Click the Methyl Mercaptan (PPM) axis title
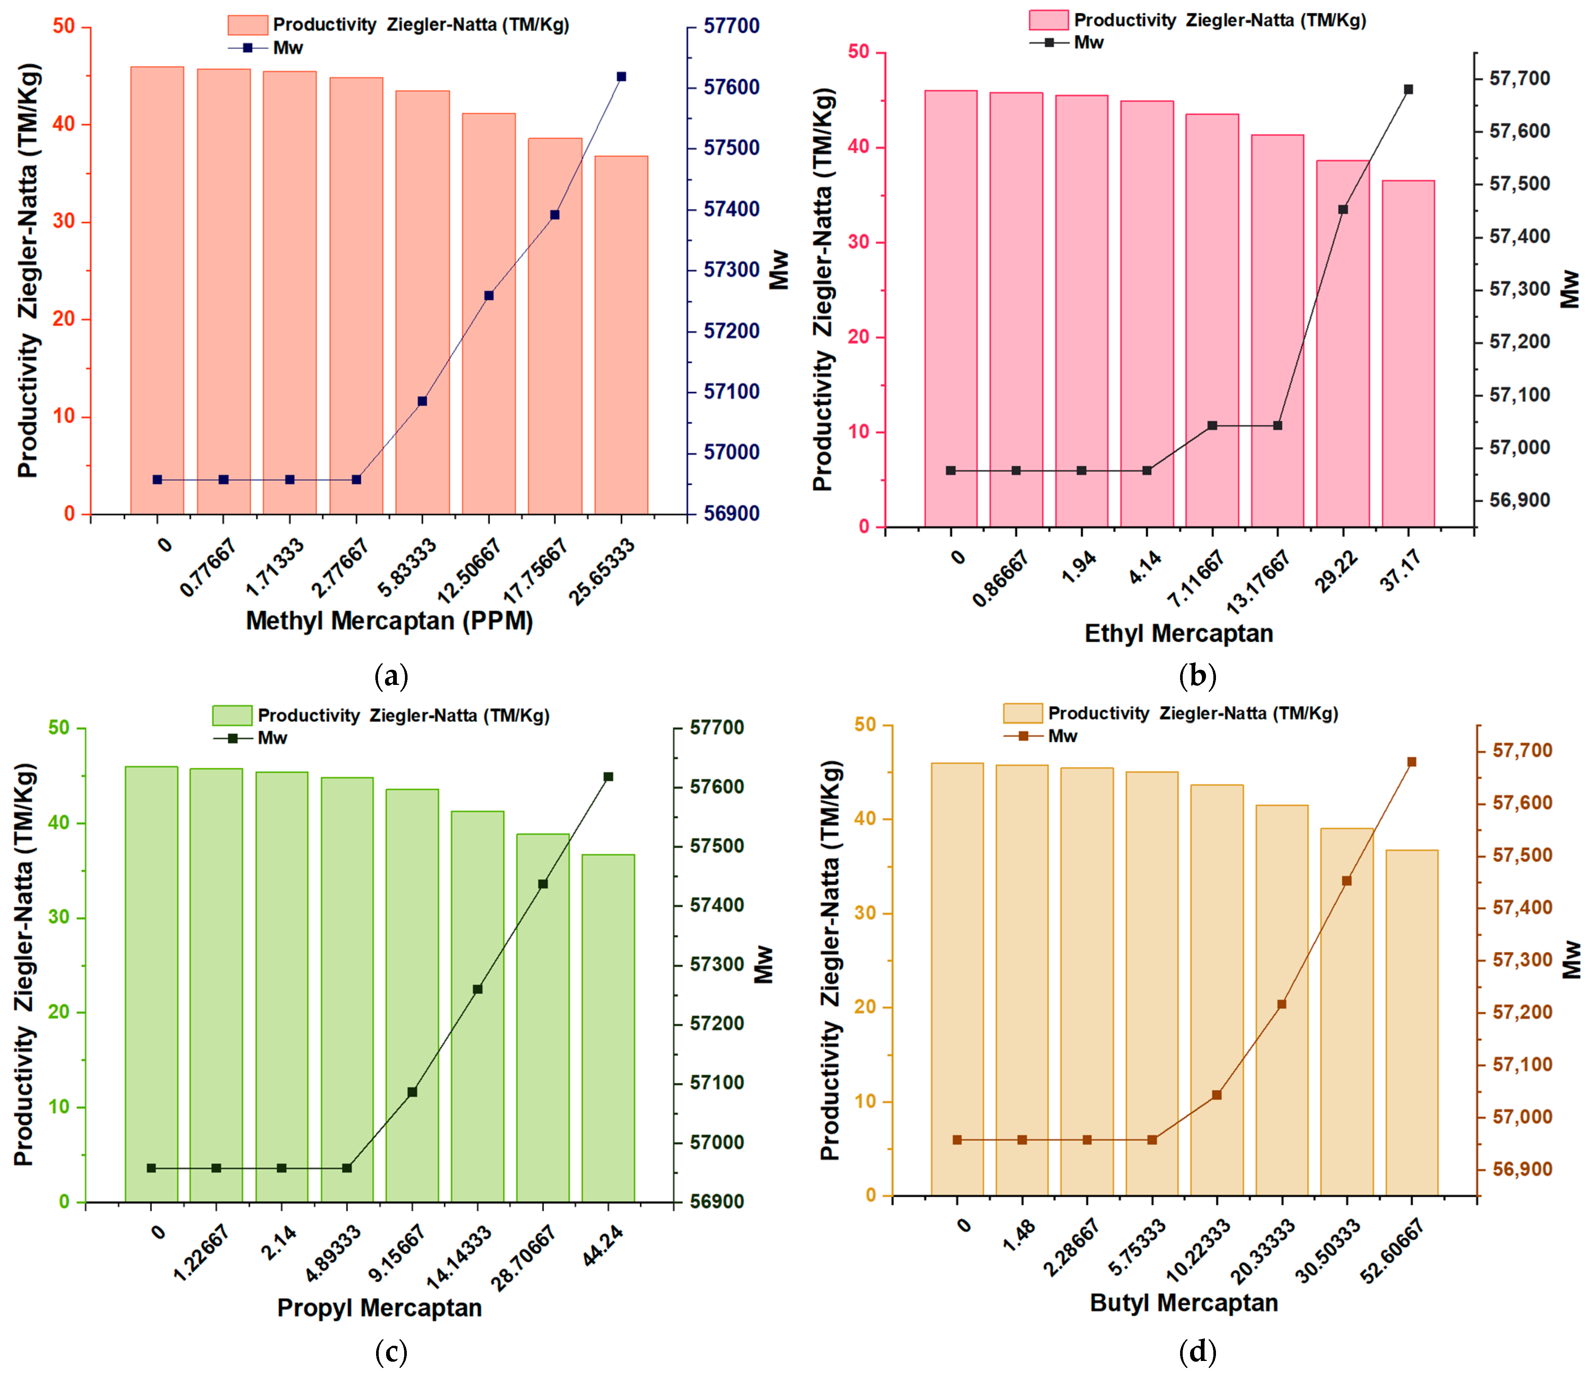coord(389,621)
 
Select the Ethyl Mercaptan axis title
coord(1179,634)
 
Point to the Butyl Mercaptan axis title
coord(1184,1303)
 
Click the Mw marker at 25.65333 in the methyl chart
coord(621,77)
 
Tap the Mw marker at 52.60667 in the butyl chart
coord(1412,762)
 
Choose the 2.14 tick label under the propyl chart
coord(279,1243)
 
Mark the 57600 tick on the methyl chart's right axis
coord(732,88)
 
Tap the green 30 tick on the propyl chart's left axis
coord(59,918)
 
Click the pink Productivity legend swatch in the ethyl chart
coord(1049,20)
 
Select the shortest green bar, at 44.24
coord(608,1028)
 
